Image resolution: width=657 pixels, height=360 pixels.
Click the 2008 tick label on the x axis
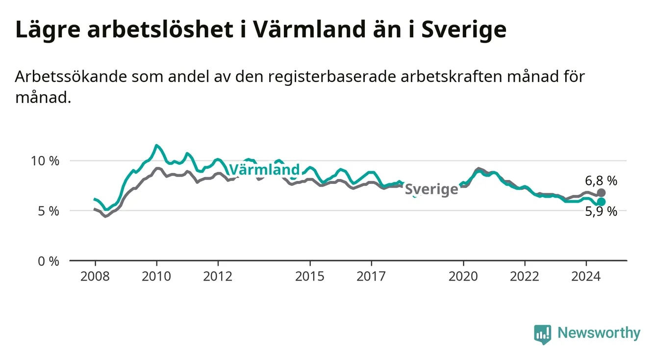(x=95, y=277)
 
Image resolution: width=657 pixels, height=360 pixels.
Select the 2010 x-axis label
(x=156, y=277)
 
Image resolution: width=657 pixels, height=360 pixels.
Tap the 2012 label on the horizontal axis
(x=218, y=277)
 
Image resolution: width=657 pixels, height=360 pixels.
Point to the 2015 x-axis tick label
(x=310, y=277)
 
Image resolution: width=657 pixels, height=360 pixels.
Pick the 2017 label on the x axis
(x=371, y=277)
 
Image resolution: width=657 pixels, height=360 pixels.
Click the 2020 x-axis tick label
(x=463, y=277)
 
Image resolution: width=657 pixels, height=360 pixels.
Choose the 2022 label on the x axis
(x=525, y=277)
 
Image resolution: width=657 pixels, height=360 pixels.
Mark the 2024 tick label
(x=586, y=277)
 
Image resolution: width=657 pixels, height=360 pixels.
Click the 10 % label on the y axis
(x=45, y=161)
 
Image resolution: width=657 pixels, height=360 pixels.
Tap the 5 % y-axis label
(x=49, y=211)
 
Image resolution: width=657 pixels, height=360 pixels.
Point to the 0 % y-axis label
(x=49, y=261)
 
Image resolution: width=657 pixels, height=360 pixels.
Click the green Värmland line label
(x=264, y=170)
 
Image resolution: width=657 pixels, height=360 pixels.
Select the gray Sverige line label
(x=431, y=189)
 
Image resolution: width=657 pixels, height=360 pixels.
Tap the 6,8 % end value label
(x=601, y=180)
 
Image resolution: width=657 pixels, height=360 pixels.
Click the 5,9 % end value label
(x=601, y=211)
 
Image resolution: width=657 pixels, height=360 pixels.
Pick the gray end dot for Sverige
(x=601, y=193)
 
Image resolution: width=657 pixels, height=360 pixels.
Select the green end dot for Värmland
(x=601, y=202)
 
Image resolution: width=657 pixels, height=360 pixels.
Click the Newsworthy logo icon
(x=543, y=334)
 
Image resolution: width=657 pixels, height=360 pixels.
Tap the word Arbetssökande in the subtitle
(x=71, y=77)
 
